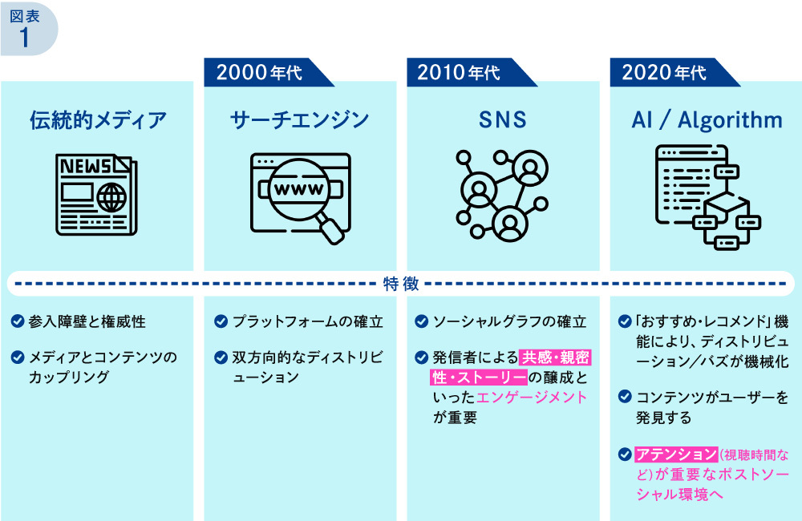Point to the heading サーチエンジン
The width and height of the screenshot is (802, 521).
[x=299, y=120]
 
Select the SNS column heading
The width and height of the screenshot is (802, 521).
[x=503, y=120]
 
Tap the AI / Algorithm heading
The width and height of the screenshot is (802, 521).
[x=707, y=120]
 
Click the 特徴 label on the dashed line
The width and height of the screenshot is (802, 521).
[x=400, y=283]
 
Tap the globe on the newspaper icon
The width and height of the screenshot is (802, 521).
[x=110, y=196]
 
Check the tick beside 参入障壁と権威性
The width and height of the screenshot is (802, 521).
[x=17, y=322]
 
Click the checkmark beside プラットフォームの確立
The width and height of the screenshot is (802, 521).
[x=220, y=322]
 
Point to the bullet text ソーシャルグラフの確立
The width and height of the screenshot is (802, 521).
[x=509, y=322]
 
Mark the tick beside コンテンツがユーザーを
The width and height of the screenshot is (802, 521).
[x=625, y=397]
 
